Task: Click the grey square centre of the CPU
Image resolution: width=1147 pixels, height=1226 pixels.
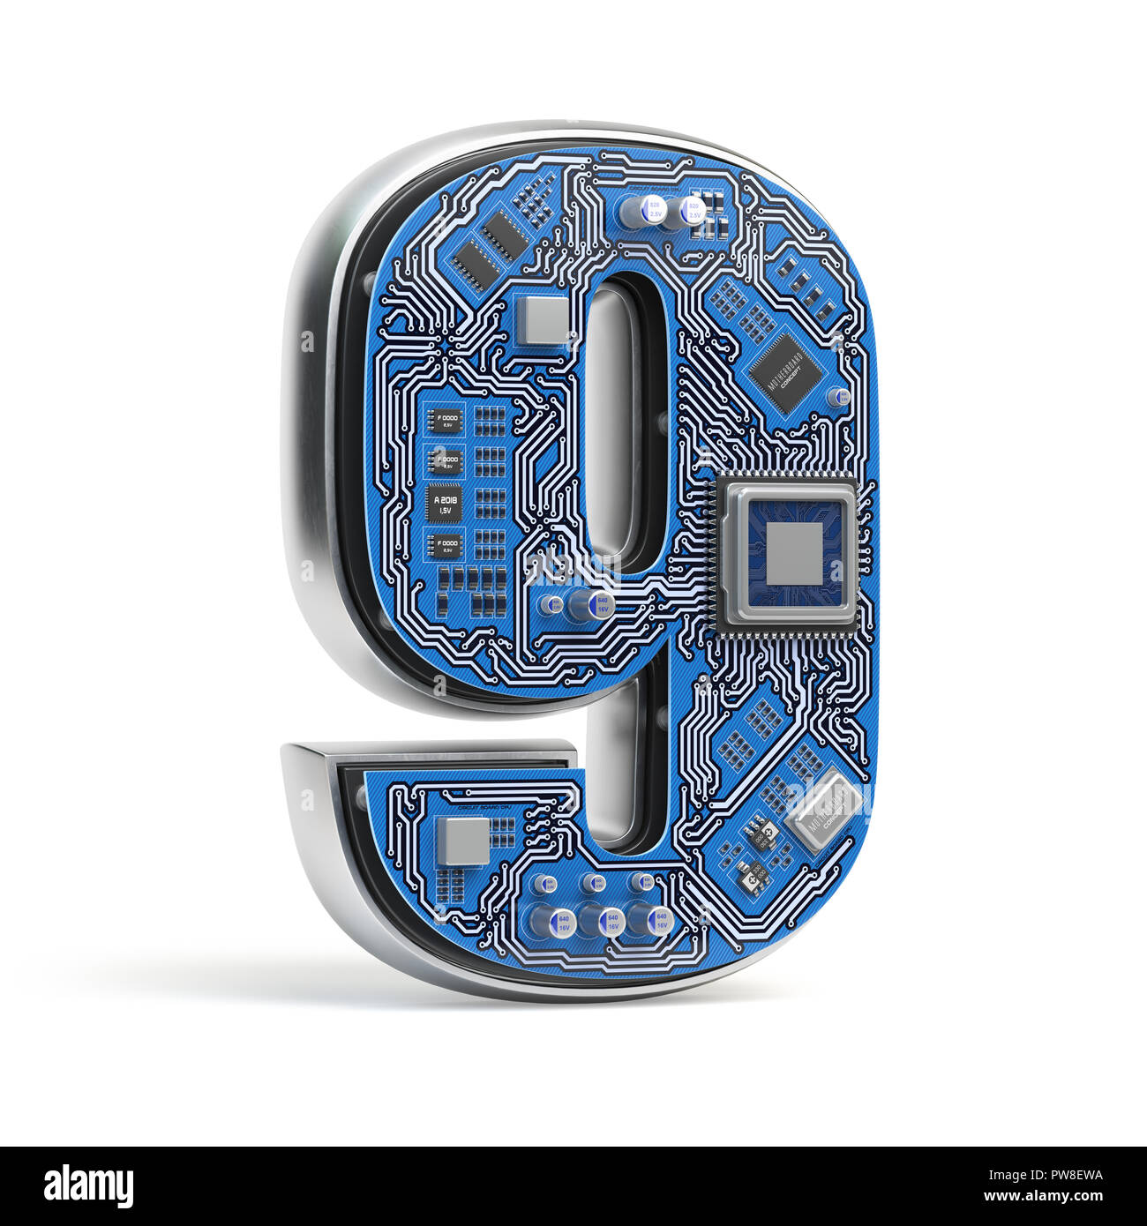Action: tap(792, 554)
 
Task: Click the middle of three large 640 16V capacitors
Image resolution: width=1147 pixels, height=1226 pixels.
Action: tap(609, 923)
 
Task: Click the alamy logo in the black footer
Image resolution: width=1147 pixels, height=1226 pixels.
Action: tap(88, 1186)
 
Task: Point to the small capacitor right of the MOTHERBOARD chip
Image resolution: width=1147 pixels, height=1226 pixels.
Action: tap(843, 397)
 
